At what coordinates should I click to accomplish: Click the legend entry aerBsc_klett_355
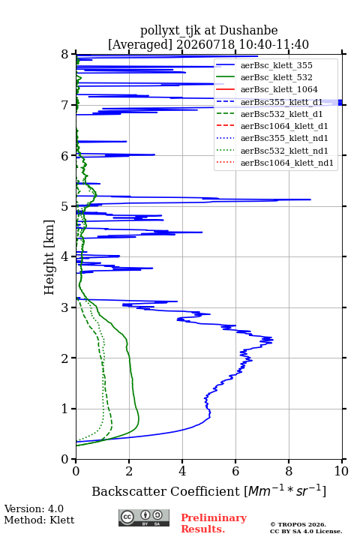276,65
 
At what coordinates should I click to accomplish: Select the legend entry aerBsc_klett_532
276,77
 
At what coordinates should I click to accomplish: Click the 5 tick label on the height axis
65,206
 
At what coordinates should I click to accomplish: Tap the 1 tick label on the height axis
65,409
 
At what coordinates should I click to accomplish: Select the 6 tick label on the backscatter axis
235,471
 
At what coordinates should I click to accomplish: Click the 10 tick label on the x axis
341,471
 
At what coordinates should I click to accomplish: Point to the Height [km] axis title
49,257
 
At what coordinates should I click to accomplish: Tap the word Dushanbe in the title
249,31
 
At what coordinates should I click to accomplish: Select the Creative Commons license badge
144,517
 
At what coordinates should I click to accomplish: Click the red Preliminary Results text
214,523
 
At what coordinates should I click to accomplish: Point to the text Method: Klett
39,520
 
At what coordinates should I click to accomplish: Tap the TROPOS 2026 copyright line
298,524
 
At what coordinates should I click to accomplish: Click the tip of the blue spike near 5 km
310,199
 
